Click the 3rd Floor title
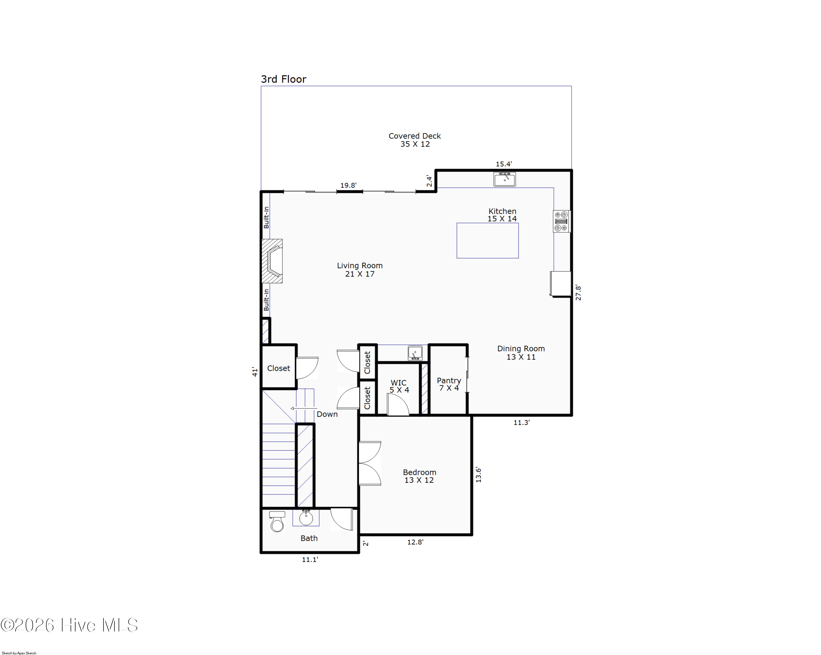[283, 79]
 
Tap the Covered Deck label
[415, 140]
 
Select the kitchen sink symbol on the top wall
[505, 179]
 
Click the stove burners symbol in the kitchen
[561, 221]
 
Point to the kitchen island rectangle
[487, 241]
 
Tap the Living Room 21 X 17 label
[360, 270]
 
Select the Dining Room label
[521, 353]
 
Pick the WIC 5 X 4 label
[399, 386]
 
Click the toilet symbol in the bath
[277, 522]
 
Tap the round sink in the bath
[306, 518]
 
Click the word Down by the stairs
[327, 414]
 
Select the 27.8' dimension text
[578, 293]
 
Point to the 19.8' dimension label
[348, 186]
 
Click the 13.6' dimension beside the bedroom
[478, 475]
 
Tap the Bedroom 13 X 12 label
[419, 476]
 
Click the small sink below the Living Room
[415, 353]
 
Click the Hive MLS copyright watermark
[69, 625]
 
